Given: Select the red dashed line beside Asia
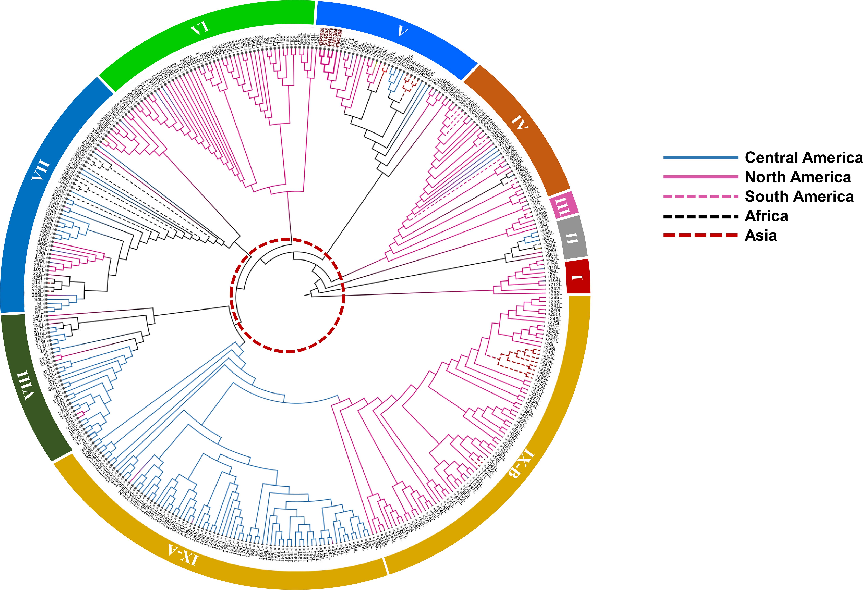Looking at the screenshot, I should pyautogui.click(x=700, y=235).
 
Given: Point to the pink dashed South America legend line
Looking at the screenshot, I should pyautogui.click(x=700, y=196).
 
